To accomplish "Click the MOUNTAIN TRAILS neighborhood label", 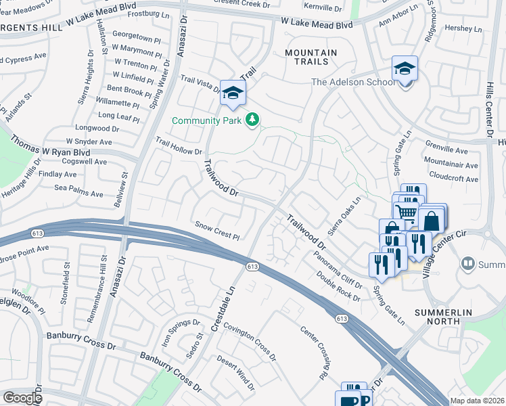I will (x=310, y=57).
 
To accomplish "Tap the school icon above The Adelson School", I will (x=405, y=69).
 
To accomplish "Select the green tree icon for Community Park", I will (x=252, y=120).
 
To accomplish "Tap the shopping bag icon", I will (x=430, y=221).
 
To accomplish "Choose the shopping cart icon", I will (x=407, y=211).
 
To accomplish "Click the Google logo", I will (x=22, y=398).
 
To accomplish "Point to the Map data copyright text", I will (x=477, y=401).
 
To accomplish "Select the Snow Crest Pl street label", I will (x=217, y=229).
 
